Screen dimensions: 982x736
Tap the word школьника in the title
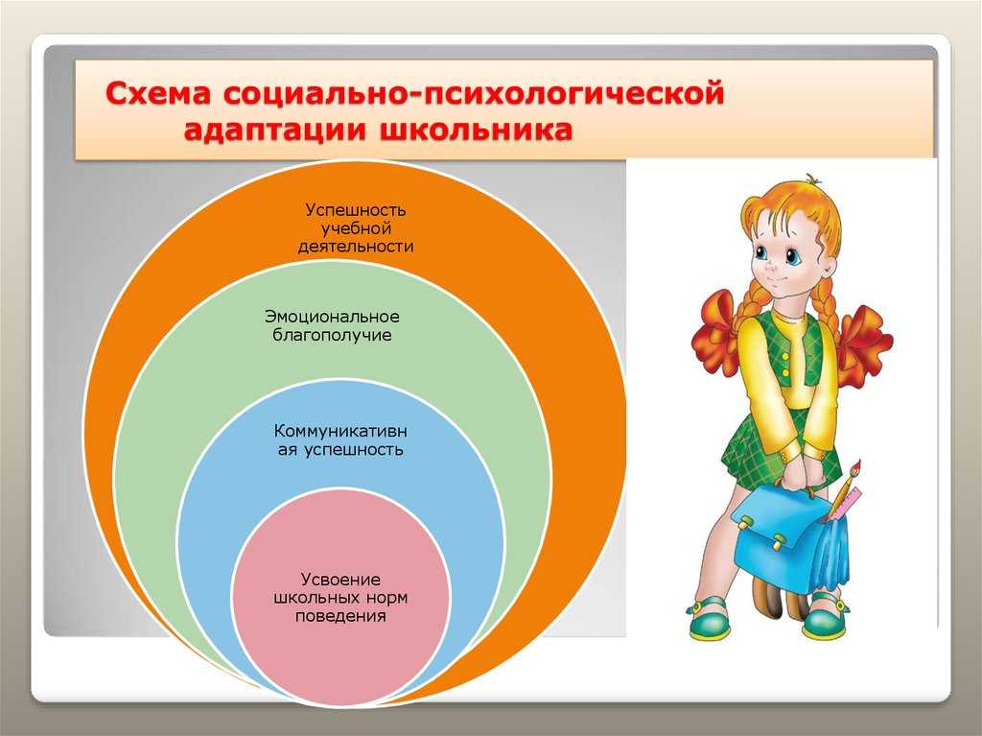coord(476,131)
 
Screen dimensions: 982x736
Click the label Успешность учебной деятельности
coord(356,227)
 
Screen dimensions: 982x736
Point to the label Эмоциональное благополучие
coord(332,325)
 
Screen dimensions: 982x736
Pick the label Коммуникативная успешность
coord(340,440)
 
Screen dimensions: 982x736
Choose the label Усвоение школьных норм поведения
coord(340,598)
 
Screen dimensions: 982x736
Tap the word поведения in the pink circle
coord(340,616)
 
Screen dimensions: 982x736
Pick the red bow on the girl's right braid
coord(864,342)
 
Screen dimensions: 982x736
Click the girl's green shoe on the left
coord(708,619)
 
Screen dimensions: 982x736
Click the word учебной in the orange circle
coord(356,228)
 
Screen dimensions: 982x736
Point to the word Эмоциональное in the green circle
coord(332,317)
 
